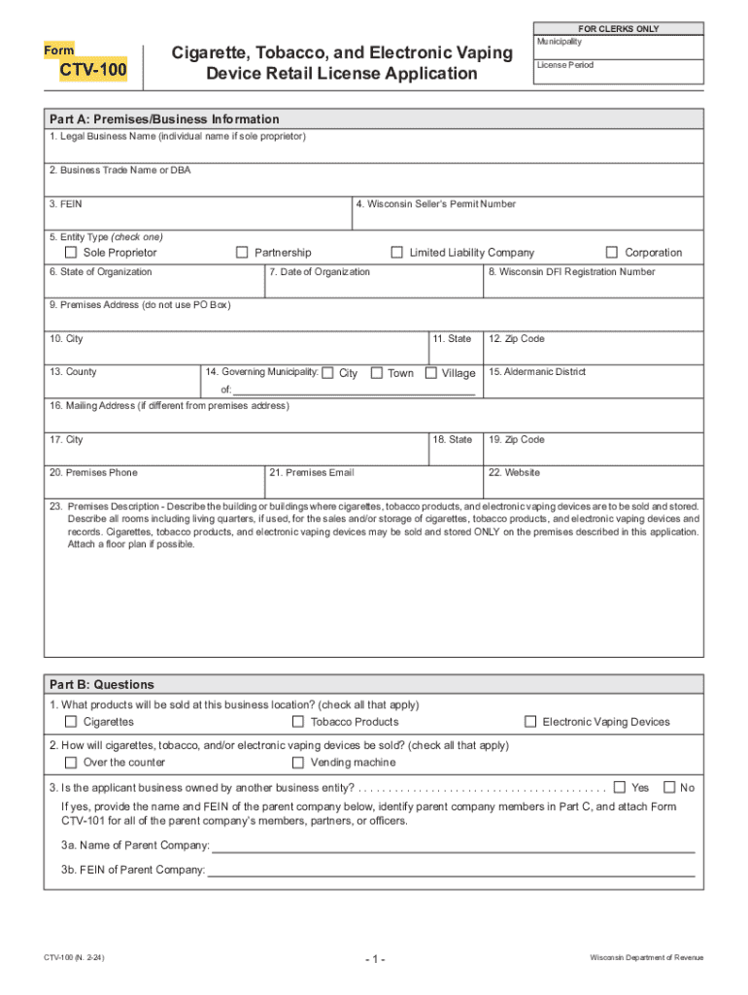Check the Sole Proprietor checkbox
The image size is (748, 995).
pyautogui.click(x=71, y=253)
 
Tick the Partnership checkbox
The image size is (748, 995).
pyautogui.click(x=243, y=253)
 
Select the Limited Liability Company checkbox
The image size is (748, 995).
pyautogui.click(x=396, y=253)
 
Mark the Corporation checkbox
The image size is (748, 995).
pyautogui.click(x=612, y=253)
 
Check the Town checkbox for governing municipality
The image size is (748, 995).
pyautogui.click(x=375, y=373)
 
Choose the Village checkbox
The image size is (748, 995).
pyautogui.click(x=431, y=373)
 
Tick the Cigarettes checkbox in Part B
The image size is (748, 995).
pyautogui.click(x=71, y=722)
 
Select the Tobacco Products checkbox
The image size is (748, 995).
pyautogui.click(x=298, y=722)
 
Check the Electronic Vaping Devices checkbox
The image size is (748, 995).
pyautogui.click(x=530, y=722)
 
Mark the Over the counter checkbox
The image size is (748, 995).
pyautogui.click(x=71, y=763)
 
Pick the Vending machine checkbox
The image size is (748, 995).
pyautogui.click(x=298, y=763)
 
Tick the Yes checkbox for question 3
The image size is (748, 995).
pyautogui.click(x=620, y=787)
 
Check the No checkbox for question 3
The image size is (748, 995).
pyautogui.click(x=668, y=787)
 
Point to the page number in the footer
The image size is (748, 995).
pyautogui.click(x=375, y=960)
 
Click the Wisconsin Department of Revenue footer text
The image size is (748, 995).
pyautogui.click(x=646, y=958)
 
